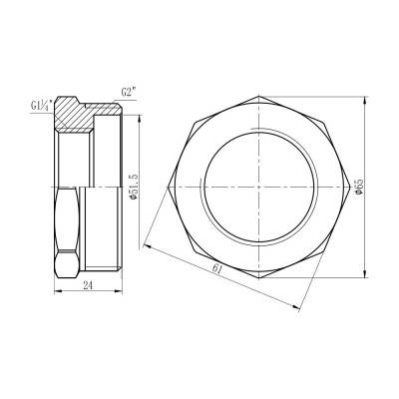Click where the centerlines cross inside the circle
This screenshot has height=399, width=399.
tap(261, 186)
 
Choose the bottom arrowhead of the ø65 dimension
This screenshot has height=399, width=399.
tap(356, 274)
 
